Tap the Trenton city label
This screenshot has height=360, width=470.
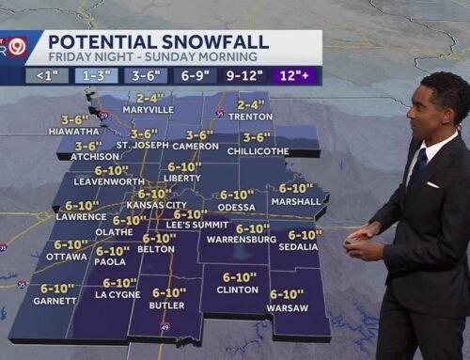[x=251, y=118]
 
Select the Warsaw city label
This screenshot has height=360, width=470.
[x=287, y=306]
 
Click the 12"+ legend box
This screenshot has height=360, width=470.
[x=298, y=74]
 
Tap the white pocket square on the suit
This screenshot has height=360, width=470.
[x=432, y=184]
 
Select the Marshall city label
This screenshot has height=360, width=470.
[x=296, y=201]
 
